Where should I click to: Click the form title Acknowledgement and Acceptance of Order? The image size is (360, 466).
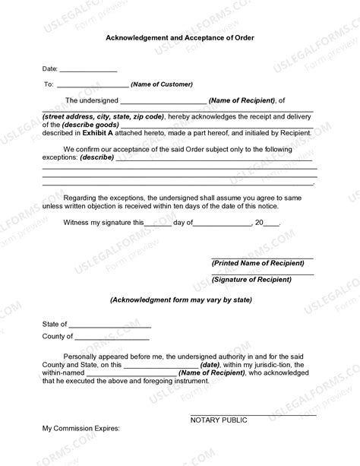180,37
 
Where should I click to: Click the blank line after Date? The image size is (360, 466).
88,70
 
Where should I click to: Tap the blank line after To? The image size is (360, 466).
93,86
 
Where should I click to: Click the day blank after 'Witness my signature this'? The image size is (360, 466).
158,224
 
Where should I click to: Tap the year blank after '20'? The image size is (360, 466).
271,224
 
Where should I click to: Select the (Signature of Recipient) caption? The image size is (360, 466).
251,280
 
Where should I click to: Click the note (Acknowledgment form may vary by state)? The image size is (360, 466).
180,300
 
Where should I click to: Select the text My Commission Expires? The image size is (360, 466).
81,429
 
